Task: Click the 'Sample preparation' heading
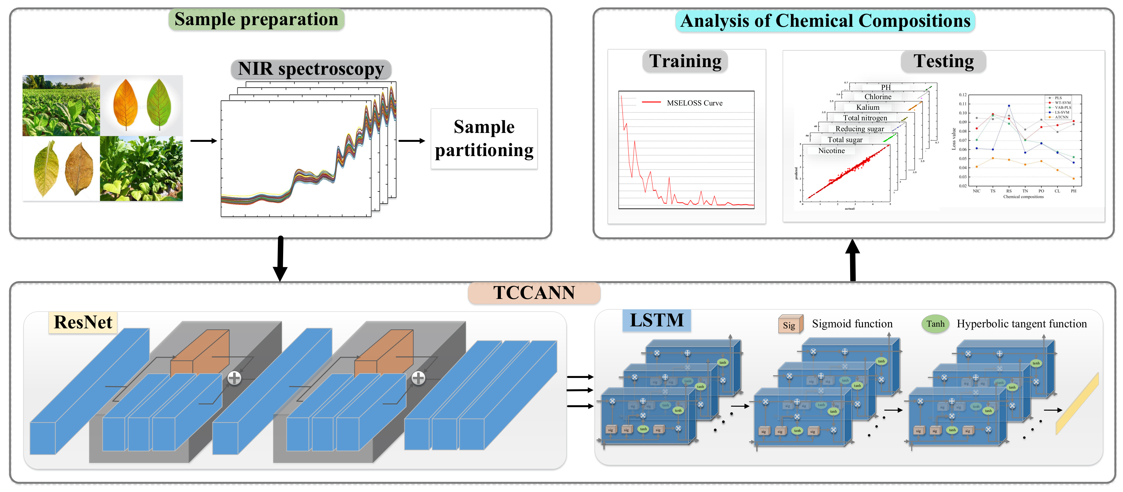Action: pos(256,20)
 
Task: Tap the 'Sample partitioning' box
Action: pos(484,139)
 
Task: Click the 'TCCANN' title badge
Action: pos(534,293)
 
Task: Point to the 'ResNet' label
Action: pos(83,323)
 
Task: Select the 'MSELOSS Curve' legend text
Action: pos(694,103)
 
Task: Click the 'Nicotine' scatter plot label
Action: pos(831,151)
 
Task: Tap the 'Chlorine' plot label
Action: pos(878,97)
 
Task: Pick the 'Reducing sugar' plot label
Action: pos(859,129)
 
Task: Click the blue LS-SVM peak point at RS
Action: pos(1009,105)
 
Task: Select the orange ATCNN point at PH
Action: pos(1073,179)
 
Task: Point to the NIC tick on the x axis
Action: pos(977,191)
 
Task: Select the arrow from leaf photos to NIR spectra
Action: pos(204,141)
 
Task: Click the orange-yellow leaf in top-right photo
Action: pos(126,105)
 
